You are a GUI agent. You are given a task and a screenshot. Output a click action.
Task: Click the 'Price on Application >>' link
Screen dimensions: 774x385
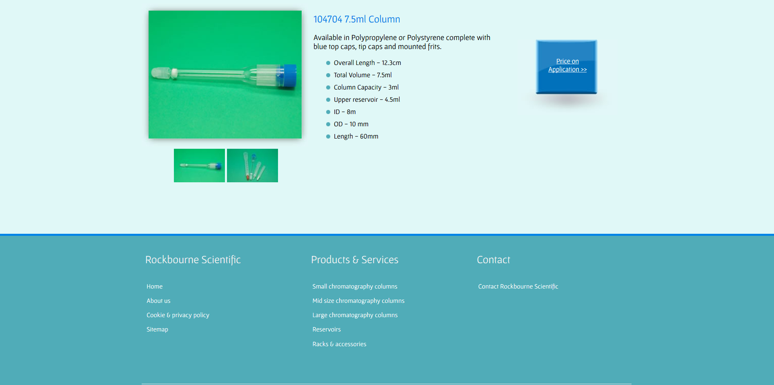coord(567,65)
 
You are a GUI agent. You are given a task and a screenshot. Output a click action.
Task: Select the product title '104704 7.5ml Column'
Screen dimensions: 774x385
coord(356,19)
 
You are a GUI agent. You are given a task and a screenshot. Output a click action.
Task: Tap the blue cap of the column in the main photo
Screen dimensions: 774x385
coord(289,76)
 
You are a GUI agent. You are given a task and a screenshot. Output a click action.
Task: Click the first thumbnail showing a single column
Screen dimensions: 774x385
coord(199,166)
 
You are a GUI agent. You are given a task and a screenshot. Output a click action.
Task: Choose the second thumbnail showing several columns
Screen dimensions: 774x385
coord(252,166)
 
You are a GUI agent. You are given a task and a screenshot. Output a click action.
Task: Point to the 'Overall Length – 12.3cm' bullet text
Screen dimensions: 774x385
coord(367,63)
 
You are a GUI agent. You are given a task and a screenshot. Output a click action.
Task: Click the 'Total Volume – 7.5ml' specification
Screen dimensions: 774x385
coord(363,75)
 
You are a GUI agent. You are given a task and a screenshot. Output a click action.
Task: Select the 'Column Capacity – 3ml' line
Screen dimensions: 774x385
coord(366,87)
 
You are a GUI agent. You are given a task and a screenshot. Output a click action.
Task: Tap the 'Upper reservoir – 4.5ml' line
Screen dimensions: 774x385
coord(367,100)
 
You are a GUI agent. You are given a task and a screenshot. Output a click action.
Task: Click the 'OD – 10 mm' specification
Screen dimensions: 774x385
coord(351,124)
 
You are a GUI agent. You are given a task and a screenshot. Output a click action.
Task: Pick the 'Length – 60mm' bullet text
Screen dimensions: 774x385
coord(356,137)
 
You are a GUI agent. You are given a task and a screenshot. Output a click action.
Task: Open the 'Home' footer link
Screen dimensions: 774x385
coord(154,287)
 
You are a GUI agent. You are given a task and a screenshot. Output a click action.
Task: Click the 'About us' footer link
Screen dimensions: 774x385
coord(158,301)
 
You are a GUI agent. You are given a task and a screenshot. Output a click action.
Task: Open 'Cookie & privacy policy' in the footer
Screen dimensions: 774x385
coord(178,315)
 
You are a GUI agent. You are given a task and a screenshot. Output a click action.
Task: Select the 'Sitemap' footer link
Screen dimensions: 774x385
coord(157,329)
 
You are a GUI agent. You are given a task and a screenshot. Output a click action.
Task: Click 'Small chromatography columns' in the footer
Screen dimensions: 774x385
coord(355,287)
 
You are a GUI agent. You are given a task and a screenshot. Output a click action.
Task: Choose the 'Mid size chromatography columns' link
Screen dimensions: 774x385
coord(358,301)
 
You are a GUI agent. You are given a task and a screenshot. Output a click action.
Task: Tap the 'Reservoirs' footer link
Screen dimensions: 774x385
coord(327,329)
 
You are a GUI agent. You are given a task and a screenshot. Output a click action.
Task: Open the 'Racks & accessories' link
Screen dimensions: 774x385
coord(339,344)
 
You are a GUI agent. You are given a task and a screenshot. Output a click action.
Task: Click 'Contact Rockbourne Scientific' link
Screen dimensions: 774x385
coord(518,287)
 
